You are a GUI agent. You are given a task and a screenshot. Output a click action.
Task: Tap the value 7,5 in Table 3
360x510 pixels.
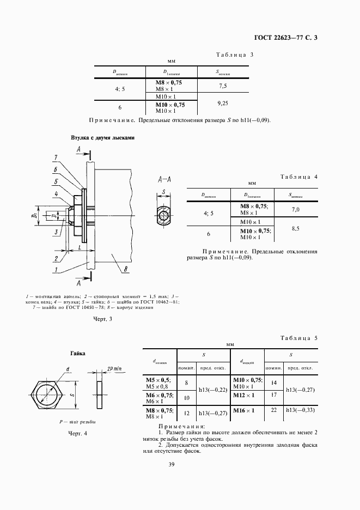click(222, 86)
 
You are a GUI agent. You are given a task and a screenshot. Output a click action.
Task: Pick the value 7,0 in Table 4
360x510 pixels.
click(296, 209)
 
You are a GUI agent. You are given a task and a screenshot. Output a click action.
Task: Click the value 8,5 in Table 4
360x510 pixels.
click(296, 229)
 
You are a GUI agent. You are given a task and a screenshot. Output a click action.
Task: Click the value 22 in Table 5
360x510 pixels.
click(274, 410)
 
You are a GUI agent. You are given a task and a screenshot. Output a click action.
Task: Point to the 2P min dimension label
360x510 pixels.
click(117, 368)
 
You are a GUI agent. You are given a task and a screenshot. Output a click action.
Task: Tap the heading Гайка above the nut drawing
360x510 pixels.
click(77, 354)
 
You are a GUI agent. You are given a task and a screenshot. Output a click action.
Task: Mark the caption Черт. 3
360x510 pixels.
click(102, 319)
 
